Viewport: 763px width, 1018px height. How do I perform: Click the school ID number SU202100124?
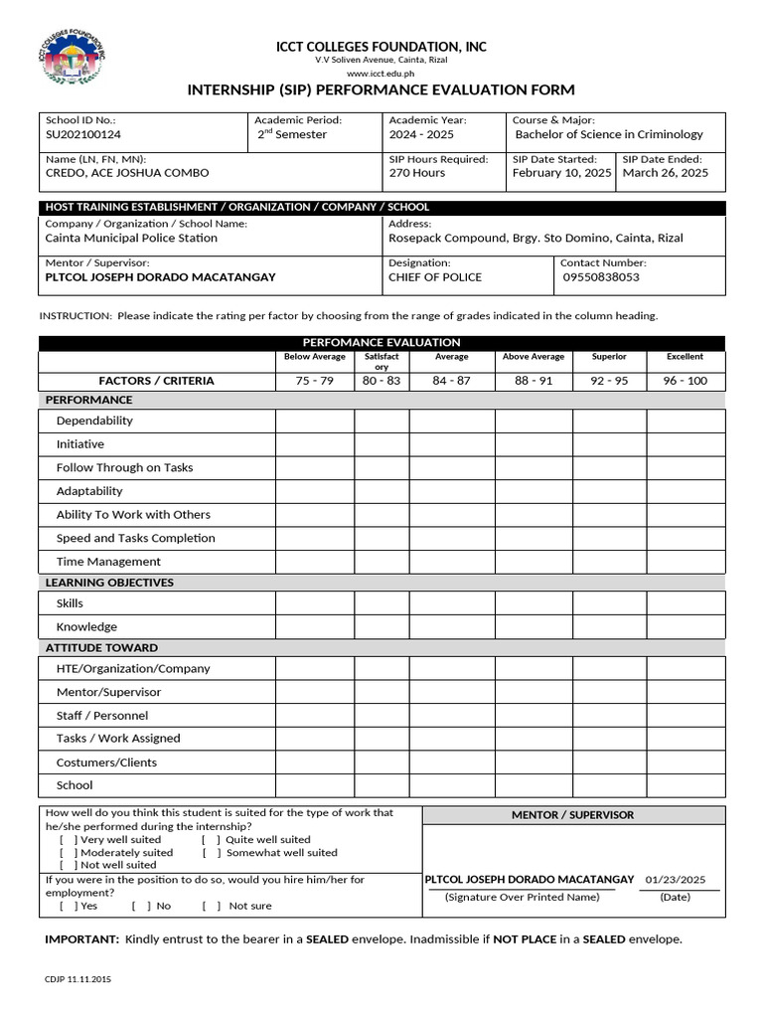point(84,135)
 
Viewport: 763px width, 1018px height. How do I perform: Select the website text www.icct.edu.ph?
point(381,75)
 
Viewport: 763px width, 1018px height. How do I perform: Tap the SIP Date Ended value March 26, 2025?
point(665,173)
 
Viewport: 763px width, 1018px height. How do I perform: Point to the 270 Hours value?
point(416,173)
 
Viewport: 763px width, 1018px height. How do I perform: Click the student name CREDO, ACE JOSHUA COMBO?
point(127,173)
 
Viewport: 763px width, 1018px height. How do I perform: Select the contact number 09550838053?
point(601,277)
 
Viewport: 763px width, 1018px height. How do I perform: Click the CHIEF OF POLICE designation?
point(434,277)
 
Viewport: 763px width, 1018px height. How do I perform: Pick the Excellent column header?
point(685,357)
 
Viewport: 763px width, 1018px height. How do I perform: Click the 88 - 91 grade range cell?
point(534,381)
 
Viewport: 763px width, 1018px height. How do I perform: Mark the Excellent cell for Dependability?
point(686,422)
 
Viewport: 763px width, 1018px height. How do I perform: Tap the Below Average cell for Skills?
point(315,603)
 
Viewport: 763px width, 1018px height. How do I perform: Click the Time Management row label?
point(108,562)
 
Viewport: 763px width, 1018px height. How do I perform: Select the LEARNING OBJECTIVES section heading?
point(109,583)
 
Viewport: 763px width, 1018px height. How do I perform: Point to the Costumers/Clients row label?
point(106,763)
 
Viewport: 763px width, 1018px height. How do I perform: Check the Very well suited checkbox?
point(67,840)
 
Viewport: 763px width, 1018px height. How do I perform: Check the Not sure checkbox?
point(212,907)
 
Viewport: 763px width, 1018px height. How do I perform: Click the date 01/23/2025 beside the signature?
point(675,880)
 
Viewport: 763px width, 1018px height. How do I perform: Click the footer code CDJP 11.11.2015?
point(78,980)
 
